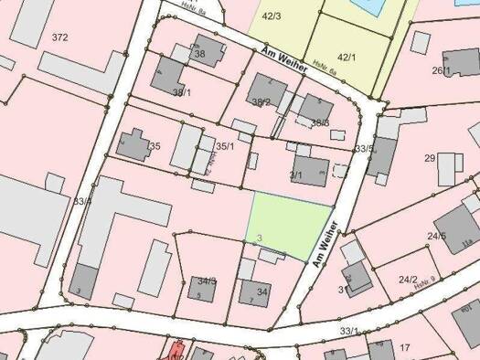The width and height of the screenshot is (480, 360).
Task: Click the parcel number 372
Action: (x=60, y=37)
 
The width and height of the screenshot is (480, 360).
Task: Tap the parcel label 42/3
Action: (x=271, y=16)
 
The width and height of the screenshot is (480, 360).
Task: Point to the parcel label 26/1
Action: (x=442, y=70)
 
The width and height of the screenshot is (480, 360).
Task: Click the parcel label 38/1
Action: (x=182, y=92)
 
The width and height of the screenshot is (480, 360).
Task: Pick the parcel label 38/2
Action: (x=261, y=102)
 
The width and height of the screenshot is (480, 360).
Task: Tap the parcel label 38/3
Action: (x=320, y=122)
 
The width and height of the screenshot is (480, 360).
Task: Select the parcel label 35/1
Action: (x=225, y=146)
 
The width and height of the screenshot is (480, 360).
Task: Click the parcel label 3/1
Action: (x=295, y=175)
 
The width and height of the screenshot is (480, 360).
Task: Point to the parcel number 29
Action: (x=430, y=159)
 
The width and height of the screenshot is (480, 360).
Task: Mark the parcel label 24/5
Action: (x=437, y=237)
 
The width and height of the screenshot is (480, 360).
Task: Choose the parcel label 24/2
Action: (x=408, y=280)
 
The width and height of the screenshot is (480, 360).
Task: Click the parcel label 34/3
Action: (x=207, y=281)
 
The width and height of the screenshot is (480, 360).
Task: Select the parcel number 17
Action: (x=404, y=347)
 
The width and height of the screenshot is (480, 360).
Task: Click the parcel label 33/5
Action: (x=364, y=148)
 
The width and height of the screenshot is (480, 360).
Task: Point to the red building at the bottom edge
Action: (x=176, y=351)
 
